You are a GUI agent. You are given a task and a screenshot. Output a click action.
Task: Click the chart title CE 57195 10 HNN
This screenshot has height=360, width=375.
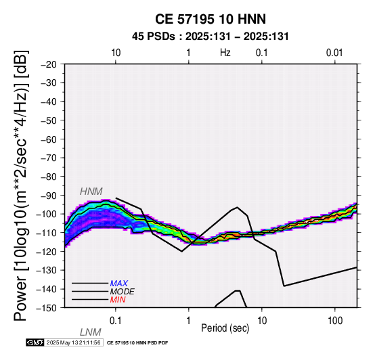tap(211, 19)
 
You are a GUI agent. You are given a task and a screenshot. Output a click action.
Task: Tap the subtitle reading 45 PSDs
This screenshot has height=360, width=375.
tap(154, 37)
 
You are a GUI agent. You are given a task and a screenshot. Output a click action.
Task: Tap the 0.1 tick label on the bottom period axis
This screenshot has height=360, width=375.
tap(116, 321)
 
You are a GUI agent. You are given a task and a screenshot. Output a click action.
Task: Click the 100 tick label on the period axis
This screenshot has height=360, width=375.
tap(335, 321)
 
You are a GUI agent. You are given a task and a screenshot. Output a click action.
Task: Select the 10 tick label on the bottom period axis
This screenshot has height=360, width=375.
tap(262, 321)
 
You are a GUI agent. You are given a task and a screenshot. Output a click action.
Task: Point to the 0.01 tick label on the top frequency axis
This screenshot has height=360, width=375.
tap(334, 53)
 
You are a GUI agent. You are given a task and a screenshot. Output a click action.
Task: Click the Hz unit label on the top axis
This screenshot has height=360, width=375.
tap(225, 53)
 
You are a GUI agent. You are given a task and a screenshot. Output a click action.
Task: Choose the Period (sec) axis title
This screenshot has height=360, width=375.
tap(225, 328)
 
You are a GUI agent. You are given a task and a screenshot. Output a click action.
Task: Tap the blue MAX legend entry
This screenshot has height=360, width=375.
tap(119, 284)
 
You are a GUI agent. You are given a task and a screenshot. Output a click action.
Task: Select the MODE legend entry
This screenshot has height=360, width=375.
tap(123, 292)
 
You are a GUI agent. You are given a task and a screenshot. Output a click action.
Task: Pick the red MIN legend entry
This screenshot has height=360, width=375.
tap(118, 300)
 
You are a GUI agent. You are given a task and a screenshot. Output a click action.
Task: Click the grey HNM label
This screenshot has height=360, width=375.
tap(91, 192)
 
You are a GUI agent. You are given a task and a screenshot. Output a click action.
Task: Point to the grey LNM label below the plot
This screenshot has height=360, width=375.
tap(91, 332)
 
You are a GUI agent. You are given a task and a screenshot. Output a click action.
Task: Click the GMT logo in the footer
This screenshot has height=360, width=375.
tap(35, 342)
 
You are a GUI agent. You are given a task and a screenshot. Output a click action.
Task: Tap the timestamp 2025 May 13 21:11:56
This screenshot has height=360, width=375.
tap(73, 342)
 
